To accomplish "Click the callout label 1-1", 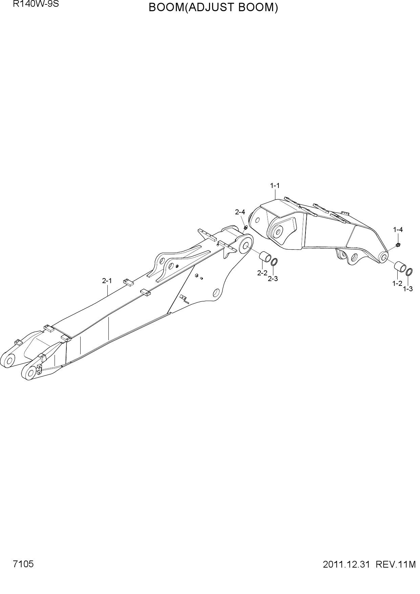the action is (275, 186).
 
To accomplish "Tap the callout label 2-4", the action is (240, 212).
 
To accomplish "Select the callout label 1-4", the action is (398, 230).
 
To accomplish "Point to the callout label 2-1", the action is (107, 280).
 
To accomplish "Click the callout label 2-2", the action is (262, 273).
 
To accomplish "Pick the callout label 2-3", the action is (273, 279).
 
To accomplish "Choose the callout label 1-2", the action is (397, 283).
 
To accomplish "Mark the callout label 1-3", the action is (408, 289).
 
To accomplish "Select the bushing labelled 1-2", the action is (400, 266).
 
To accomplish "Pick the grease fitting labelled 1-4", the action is (398, 244).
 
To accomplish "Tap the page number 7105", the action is (23, 564).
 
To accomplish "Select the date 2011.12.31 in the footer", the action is (345, 565).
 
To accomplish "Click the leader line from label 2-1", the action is (108, 290).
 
